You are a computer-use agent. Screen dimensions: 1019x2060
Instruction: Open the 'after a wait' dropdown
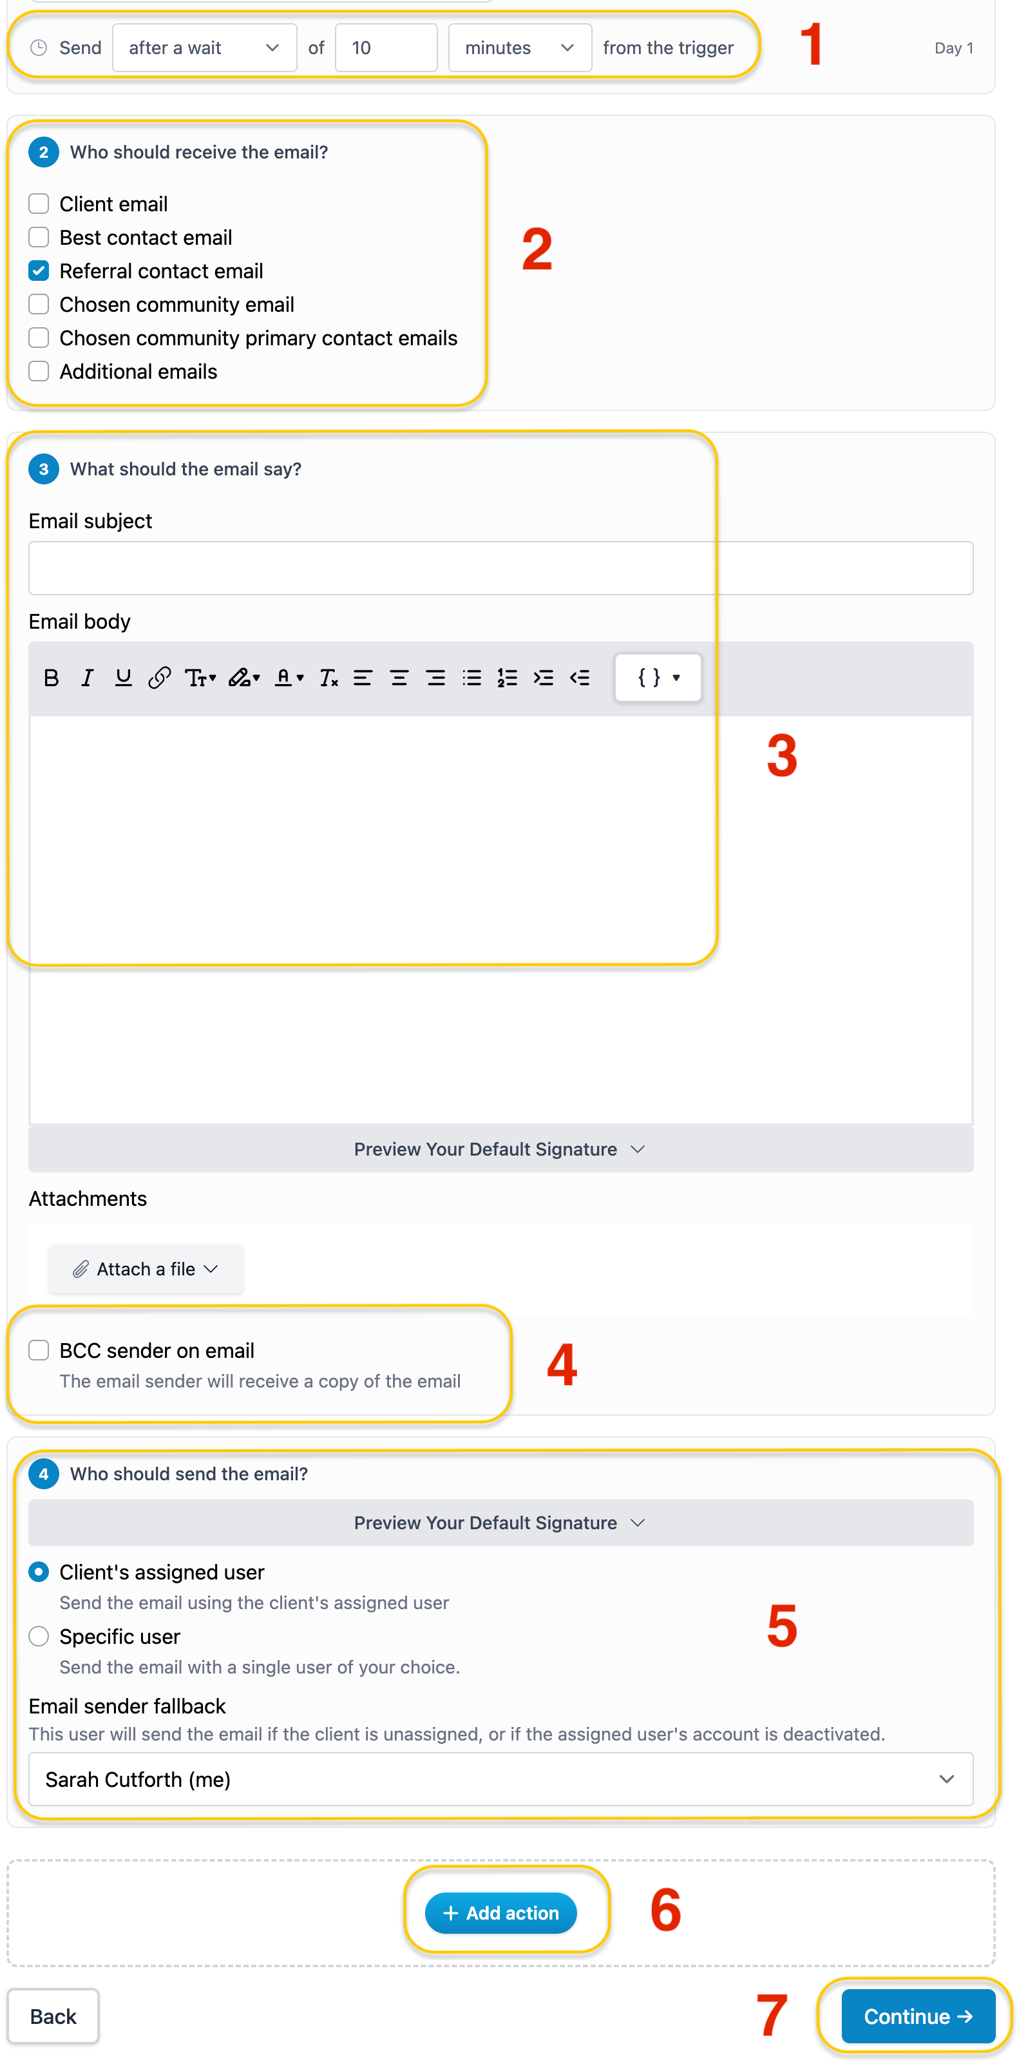coord(204,48)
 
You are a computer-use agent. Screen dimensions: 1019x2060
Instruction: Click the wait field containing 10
coord(386,48)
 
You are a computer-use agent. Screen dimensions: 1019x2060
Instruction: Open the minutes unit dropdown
coord(519,48)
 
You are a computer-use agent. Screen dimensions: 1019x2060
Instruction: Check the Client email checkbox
coord(39,204)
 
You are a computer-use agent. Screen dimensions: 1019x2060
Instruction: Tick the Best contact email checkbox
coord(39,238)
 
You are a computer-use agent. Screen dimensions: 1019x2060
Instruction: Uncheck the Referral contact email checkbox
coord(39,271)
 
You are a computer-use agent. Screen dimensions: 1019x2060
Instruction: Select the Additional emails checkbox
coord(39,371)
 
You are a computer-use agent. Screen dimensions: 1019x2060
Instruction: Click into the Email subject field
coord(500,567)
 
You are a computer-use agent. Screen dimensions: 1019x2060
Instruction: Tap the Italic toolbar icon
coord(87,678)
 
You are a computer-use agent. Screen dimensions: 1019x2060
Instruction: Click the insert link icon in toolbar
coord(159,678)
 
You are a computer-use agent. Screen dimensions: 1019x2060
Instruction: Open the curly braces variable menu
coord(658,678)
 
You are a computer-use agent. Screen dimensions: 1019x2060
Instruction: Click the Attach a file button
coord(146,1269)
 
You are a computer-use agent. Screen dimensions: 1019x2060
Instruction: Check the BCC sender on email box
coord(39,1351)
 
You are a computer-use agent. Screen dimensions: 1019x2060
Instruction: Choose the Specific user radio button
coord(39,1636)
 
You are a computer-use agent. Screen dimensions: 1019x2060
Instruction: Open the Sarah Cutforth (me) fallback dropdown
coord(500,1779)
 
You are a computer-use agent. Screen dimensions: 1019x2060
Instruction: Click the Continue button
coord(919,2016)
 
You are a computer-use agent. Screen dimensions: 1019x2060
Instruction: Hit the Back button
coord(53,2016)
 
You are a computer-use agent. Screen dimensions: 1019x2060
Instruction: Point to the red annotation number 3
coord(781,756)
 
